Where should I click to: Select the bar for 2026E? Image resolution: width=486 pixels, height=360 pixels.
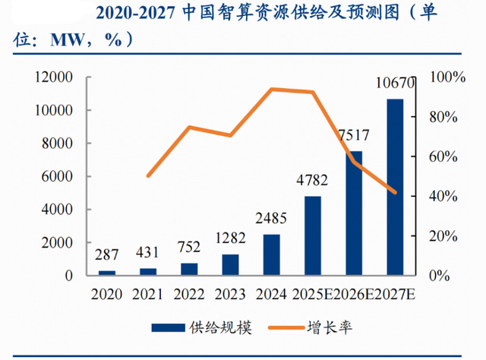coord(354,213)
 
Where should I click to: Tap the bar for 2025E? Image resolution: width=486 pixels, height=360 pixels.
coord(313,235)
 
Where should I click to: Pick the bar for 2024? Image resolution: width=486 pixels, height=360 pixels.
coord(272,254)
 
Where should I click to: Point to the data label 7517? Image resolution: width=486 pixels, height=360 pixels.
coord(354,136)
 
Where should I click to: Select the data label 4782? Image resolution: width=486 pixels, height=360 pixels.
coord(313,182)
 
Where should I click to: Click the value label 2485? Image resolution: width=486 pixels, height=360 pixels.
coord(272,220)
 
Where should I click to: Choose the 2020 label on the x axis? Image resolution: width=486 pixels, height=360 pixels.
coord(107,293)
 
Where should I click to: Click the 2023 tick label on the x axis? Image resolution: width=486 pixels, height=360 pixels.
coord(230,293)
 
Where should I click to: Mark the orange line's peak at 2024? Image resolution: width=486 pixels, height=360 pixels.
coord(272,89)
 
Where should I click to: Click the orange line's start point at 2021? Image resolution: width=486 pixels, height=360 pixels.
coord(148,176)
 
